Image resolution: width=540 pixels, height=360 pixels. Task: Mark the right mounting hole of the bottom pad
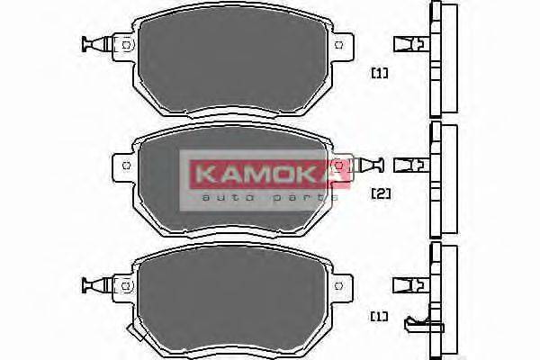[x=339, y=286]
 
